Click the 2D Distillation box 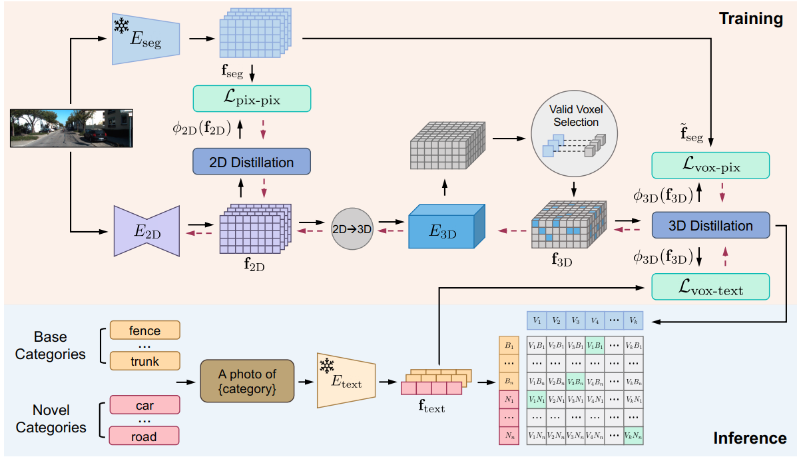tap(252, 162)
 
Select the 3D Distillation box tap(710, 225)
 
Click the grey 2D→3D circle tap(352, 229)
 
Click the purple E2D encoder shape tap(147, 230)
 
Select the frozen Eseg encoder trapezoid tap(147, 39)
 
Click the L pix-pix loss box tap(252, 99)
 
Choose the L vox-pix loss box tap(710, 165)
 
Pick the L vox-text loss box tap(710, 286)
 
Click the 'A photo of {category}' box tap(247, 381)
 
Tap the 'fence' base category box tap(145, 330)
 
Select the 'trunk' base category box tap(145, 362)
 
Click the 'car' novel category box tap(145, 406)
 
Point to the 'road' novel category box tap(145, 436)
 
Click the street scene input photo tap(71, 127)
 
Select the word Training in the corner tap(750, 19)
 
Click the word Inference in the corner tap(750, 438)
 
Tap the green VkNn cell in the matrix tap(635, 436)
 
